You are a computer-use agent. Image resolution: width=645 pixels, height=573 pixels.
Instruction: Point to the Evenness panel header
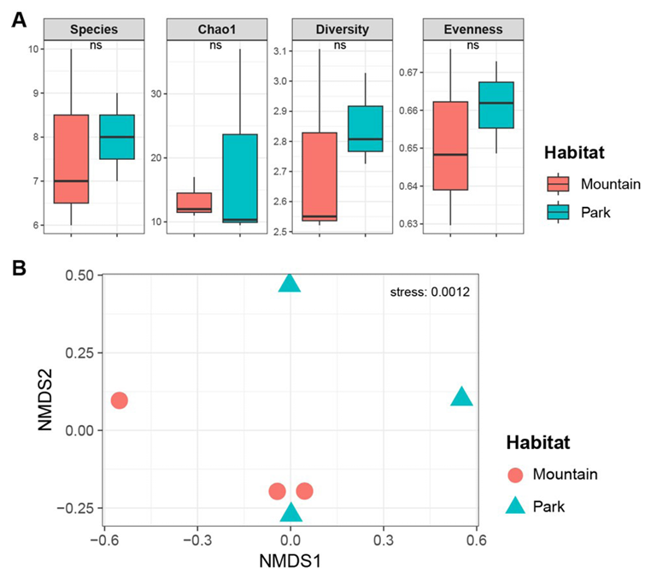point(472,28)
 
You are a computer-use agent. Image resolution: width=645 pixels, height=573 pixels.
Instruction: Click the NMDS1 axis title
point(290,562)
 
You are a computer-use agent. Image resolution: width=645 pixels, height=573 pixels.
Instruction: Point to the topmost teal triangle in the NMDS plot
point(290,282)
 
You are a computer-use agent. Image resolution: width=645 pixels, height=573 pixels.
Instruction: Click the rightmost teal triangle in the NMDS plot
point(462,396)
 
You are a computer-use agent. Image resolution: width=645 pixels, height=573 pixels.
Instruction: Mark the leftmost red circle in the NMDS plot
point(119,400)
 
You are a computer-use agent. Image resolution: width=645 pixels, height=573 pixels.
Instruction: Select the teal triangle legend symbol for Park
point(515,506)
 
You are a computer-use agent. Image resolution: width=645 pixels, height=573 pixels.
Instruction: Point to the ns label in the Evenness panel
point(472,46)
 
